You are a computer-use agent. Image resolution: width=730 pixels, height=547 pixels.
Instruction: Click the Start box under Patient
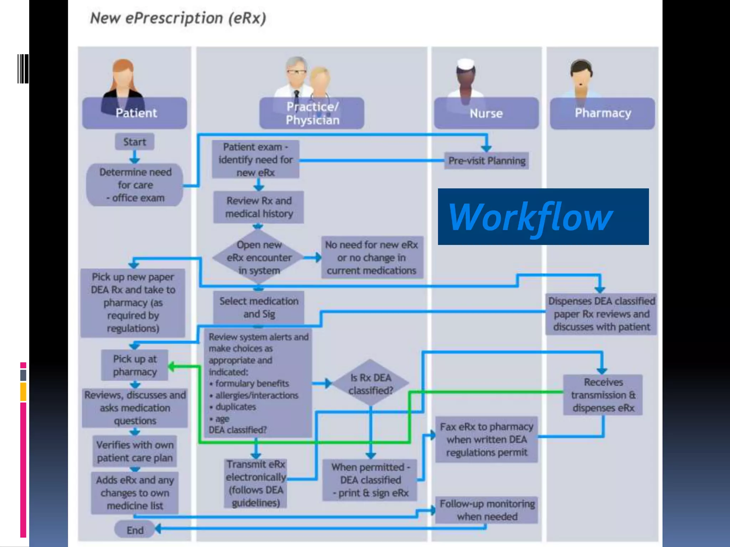[134, 142]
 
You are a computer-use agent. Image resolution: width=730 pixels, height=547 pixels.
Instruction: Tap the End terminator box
[134, 530]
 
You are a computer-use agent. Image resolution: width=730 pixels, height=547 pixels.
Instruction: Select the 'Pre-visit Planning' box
[487, 161]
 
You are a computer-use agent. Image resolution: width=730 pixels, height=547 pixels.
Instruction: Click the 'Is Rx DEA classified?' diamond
[371, 384]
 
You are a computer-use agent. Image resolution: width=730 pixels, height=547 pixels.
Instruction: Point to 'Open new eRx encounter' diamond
[259, 257]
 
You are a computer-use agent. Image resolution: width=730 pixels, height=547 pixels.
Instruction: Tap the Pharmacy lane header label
[602, 113]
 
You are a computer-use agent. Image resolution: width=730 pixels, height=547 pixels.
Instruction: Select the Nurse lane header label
[486, 113]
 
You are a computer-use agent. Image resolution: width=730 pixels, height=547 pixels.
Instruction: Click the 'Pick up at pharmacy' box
[135, 365]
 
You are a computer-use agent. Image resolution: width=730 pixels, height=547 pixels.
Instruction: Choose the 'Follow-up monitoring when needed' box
[487, 510]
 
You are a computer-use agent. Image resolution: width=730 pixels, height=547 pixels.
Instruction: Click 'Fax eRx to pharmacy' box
[487, 439]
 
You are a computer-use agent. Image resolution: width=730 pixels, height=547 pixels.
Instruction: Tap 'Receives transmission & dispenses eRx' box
[603, 395]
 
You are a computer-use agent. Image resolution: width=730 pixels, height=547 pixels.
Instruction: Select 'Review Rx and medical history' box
[259, 207]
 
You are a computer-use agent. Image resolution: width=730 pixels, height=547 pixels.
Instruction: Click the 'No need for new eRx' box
[371, 257]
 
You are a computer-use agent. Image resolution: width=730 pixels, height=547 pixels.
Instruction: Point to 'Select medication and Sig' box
[259, 307]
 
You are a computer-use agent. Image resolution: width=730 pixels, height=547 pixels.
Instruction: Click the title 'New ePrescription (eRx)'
[178, 18]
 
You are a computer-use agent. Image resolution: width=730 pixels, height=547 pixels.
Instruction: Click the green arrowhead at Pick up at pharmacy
[171, 366]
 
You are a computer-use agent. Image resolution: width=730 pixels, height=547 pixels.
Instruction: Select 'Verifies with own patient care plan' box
[135, 451]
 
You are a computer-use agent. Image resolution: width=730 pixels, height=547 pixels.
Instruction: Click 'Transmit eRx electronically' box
[256, 483]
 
